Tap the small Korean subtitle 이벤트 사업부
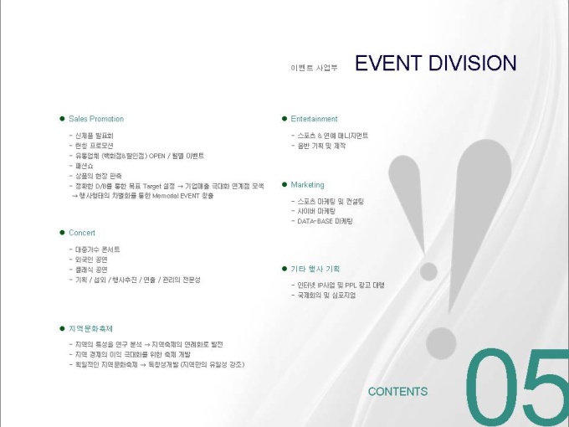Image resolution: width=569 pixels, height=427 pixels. tap(315, 67)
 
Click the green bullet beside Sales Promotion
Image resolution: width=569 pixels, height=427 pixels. tap(62, 119)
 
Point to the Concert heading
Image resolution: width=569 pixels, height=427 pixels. tap(82, 233)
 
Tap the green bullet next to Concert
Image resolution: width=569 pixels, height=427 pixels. tap(62, 233)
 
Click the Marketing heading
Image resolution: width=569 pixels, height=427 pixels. tap(307, 184)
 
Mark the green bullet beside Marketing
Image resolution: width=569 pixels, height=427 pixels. tap(284, 184)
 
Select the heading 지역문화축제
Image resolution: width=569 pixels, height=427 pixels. tap(90, 327)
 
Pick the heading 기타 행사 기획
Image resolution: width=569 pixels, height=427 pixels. tap(315, 269)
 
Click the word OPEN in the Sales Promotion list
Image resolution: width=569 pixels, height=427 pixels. tap(158, 156)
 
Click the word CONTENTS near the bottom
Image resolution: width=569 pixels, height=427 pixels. tap(397, 391)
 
